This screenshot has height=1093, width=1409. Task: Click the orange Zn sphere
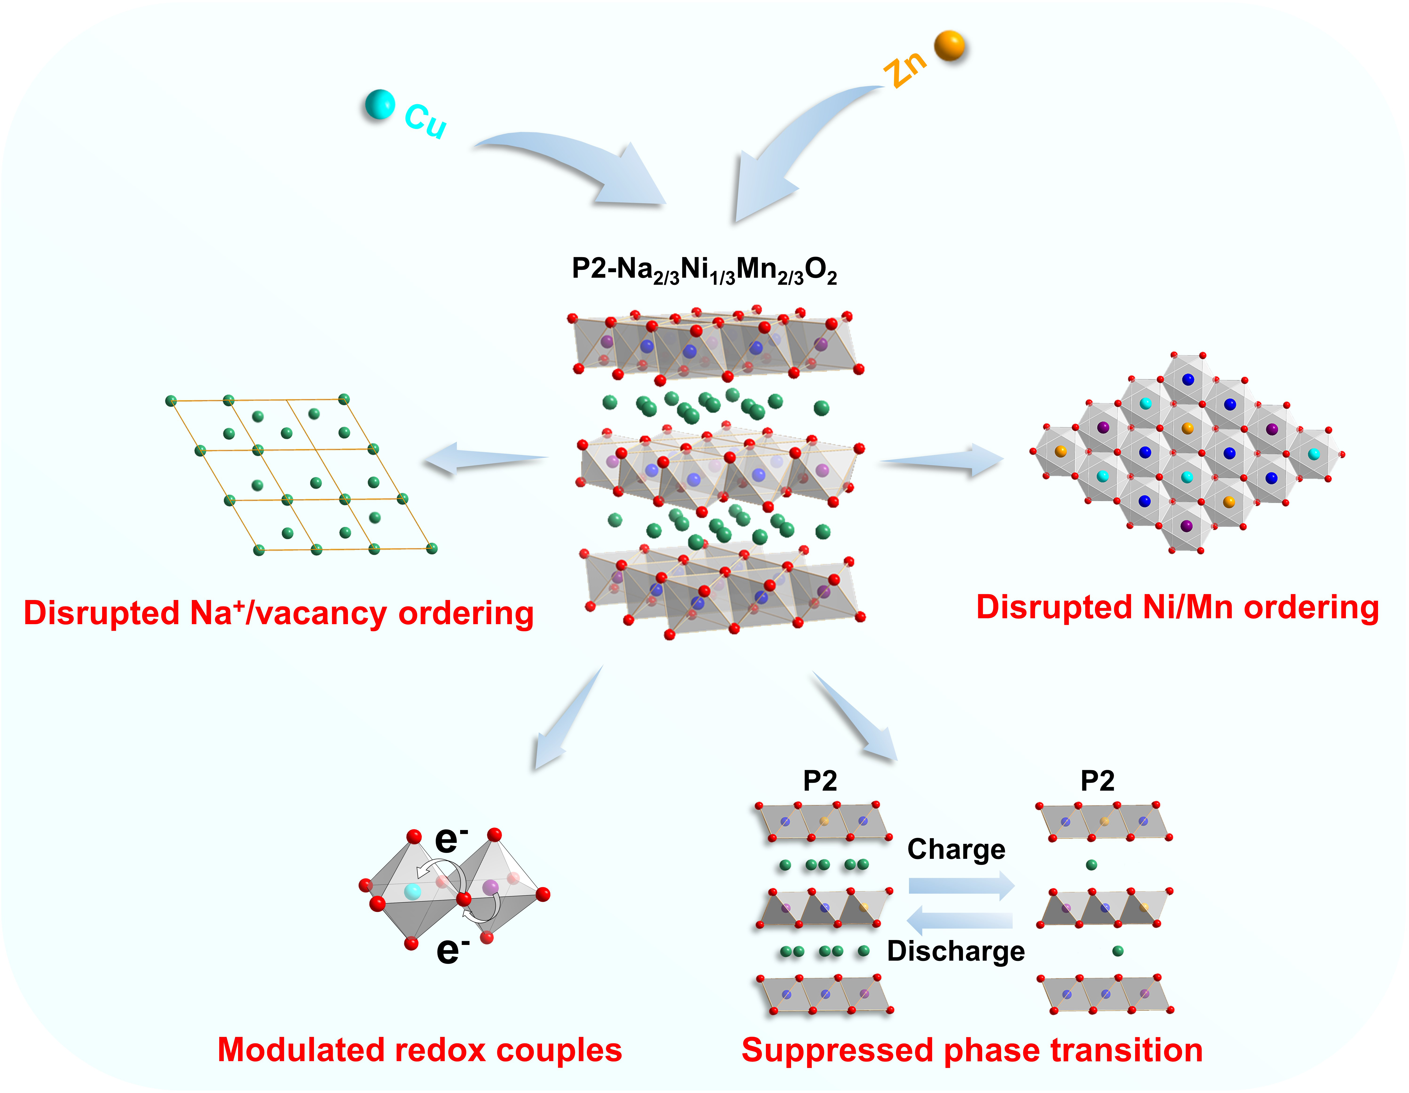pos(950,46)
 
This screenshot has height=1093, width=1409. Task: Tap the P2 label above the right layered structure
pos(1097,781)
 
